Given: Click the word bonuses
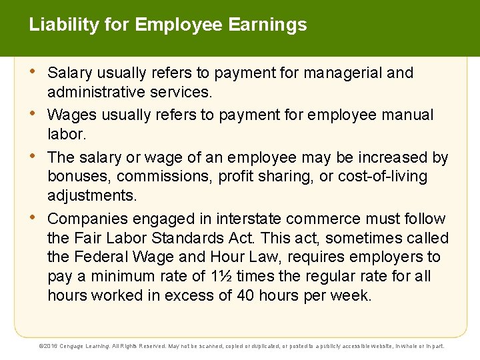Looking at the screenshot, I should (75, 177).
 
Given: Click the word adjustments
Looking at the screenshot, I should (91, 196).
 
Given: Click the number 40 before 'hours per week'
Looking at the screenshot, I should (247, 295).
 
